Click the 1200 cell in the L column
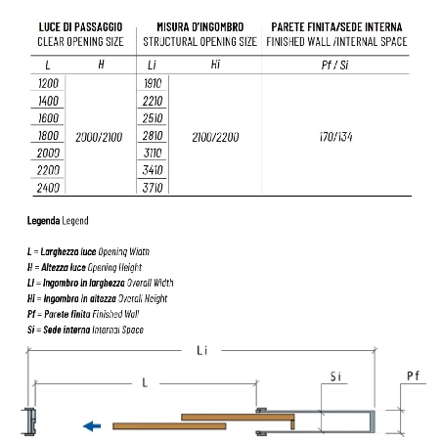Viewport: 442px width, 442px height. coord(48,83)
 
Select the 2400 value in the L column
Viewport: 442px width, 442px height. coord(48,188)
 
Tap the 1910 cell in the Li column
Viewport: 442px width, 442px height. coord(153,83)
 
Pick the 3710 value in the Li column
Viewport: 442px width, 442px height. coord(153,188)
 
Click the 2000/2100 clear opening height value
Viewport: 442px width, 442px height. coord(99,137)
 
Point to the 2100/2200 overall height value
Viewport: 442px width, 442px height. coord(215,137)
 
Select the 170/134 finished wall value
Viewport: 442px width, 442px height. coord(335,137)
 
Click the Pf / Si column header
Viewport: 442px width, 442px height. coord(334,66)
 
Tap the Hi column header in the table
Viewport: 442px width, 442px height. coord(215,65)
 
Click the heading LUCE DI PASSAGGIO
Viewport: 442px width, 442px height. coord(80,27)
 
